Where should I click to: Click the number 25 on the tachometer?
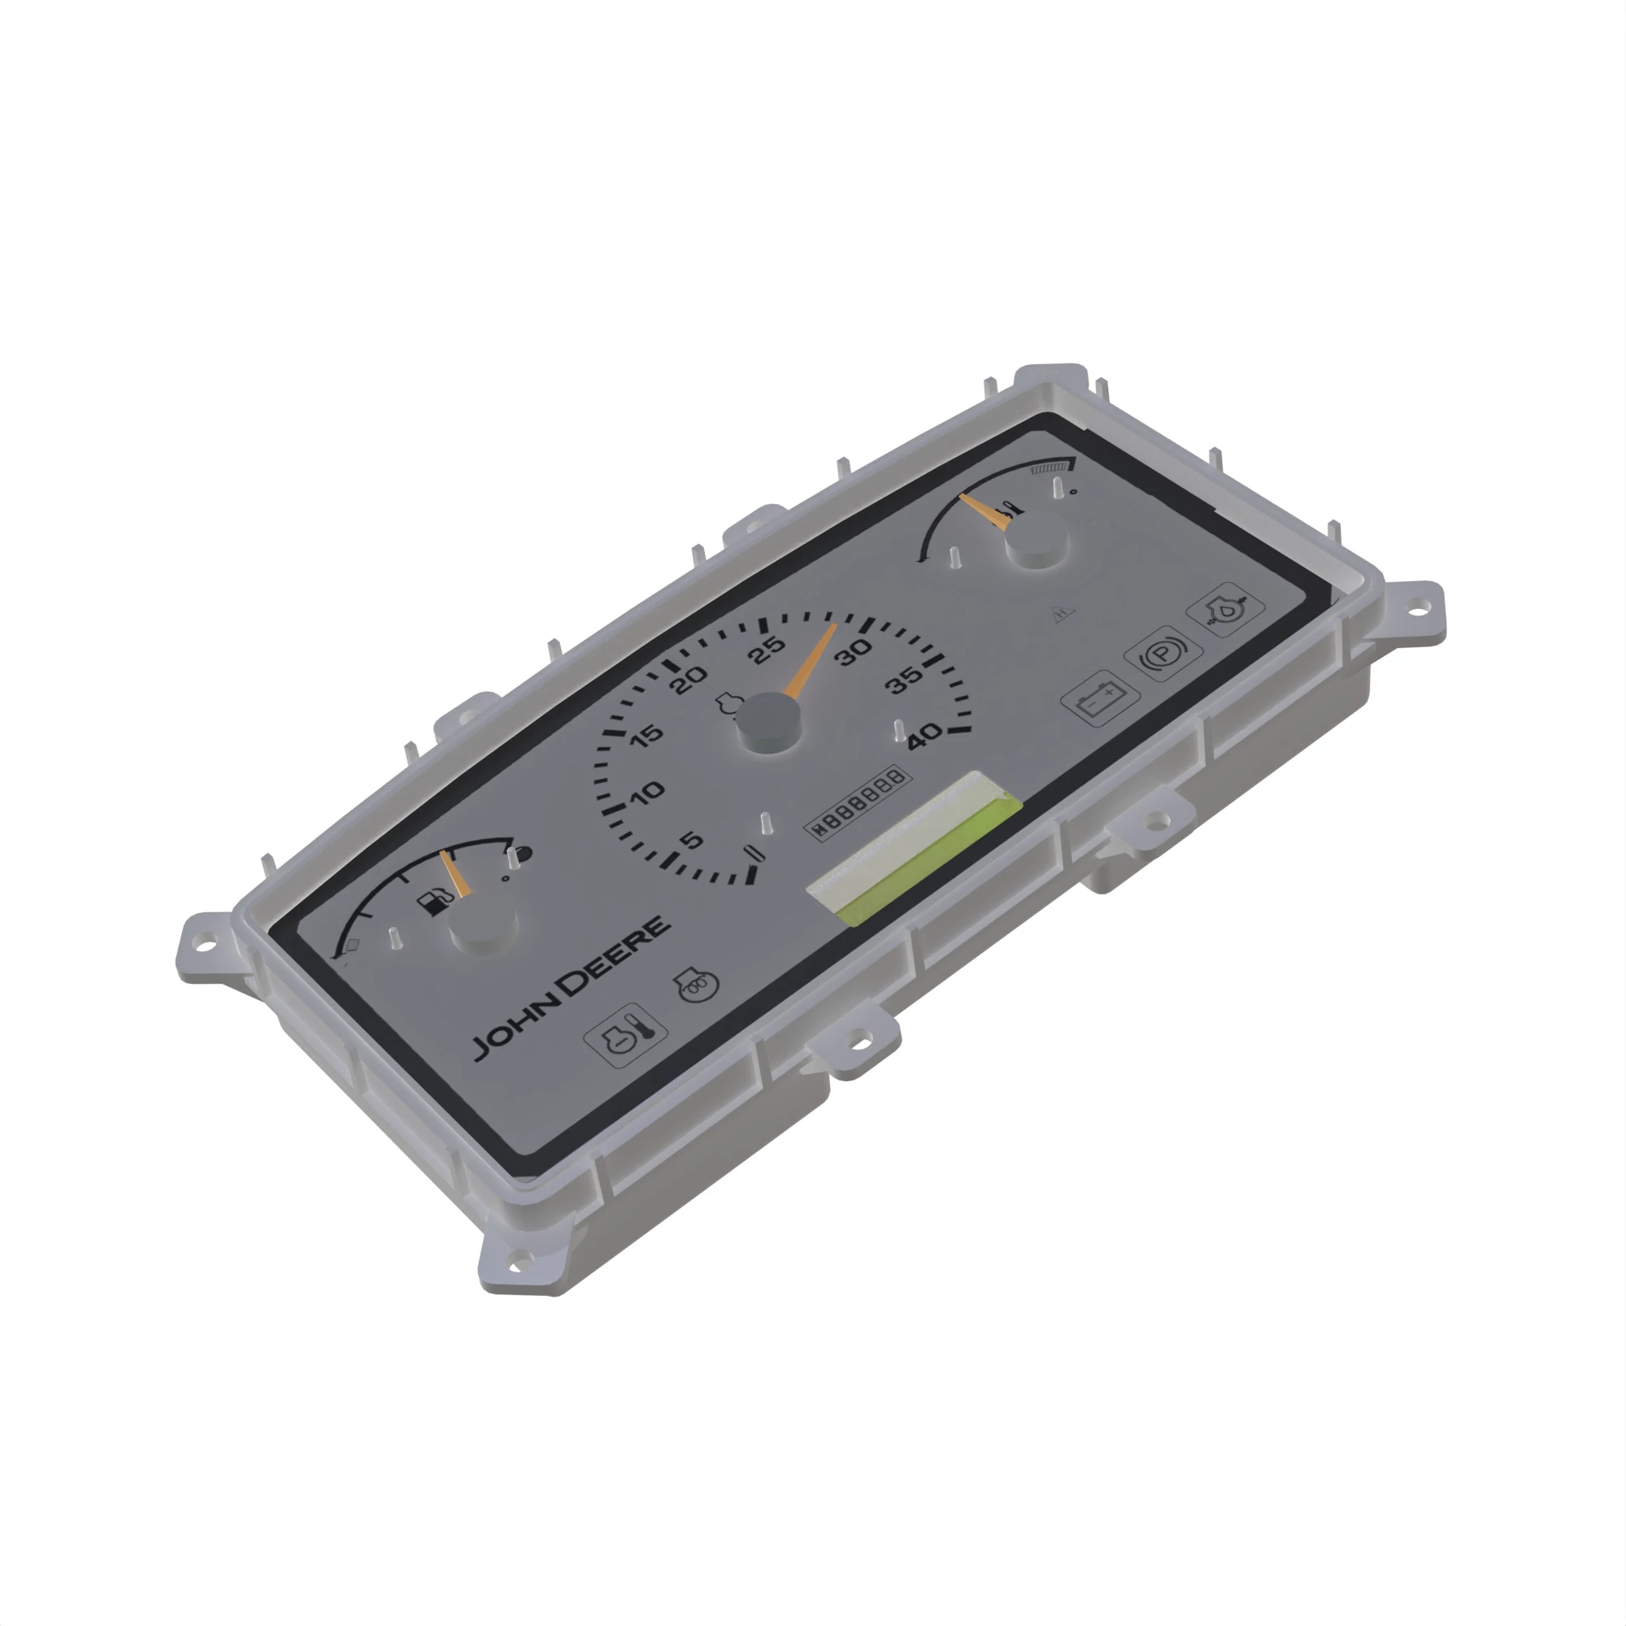click(767, 649)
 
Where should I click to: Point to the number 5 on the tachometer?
click(690, 840)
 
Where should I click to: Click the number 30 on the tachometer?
click(853, 651)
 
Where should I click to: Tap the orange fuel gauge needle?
click(455, 875)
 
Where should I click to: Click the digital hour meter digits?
click(859, 802)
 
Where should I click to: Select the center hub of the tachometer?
click(767, 722)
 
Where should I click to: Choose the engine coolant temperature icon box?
click(625, 1036)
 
